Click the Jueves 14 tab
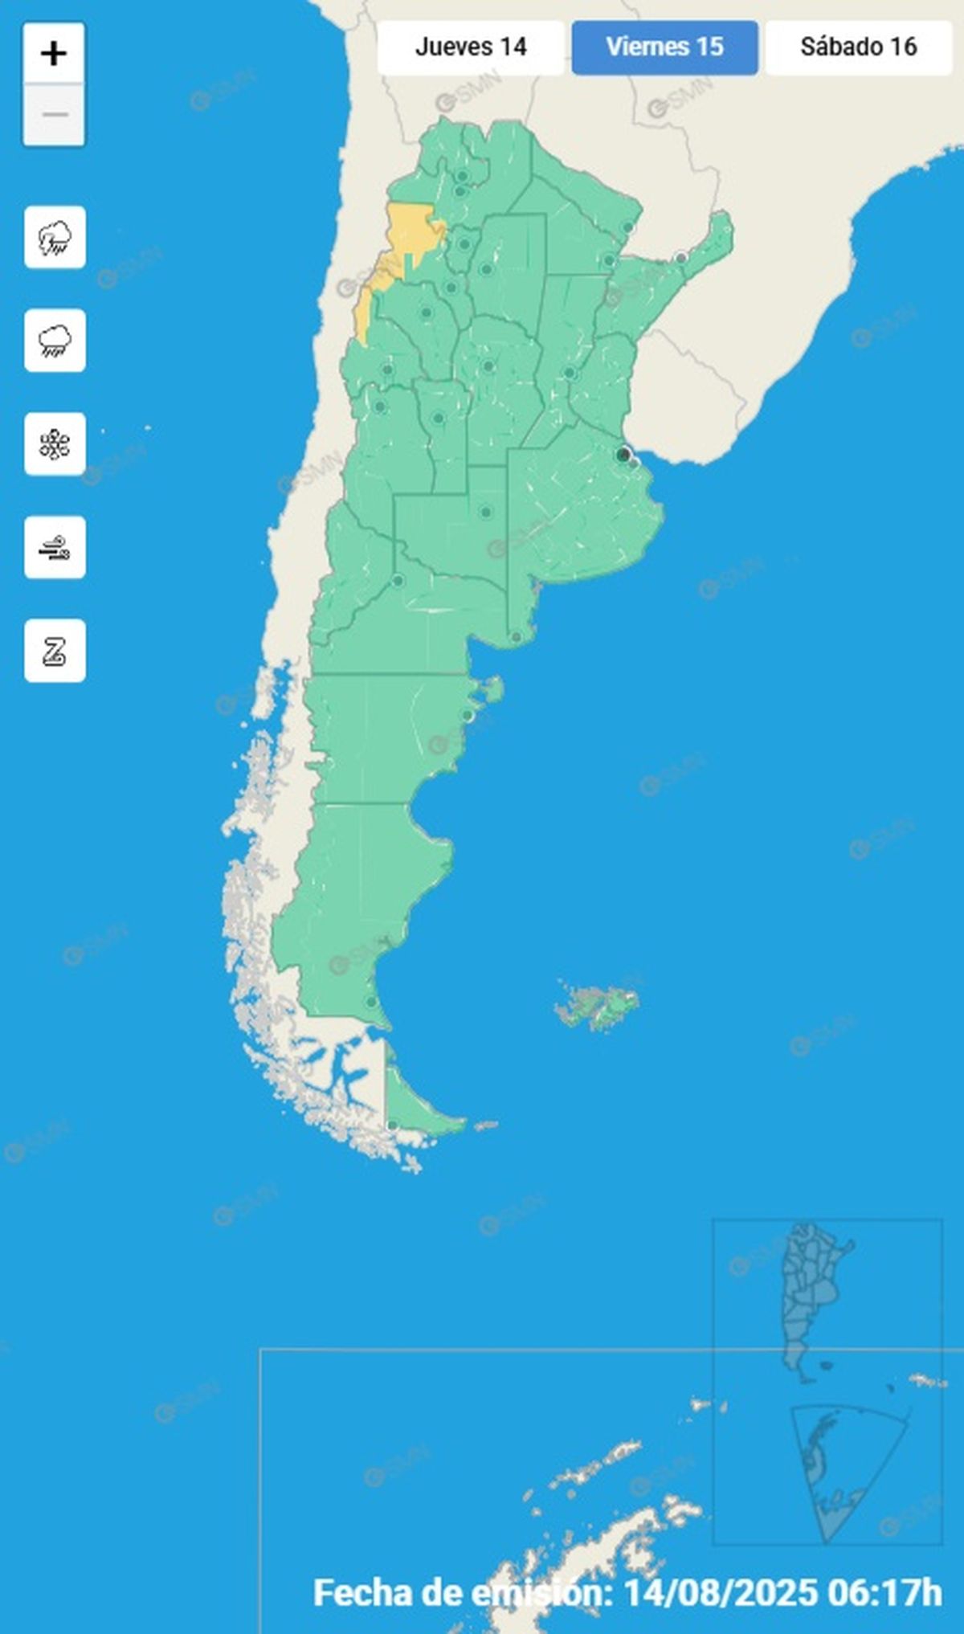coord(471,47)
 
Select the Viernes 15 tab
coord(664,47)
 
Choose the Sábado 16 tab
coord(858,47)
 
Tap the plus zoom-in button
coord(54,54)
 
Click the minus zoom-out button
coord(54,115)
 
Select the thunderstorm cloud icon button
coord(55,238)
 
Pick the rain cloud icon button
coord(55,341)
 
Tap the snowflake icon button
coord(55,444)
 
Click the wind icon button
coord(55,548)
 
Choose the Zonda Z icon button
coord(55,651)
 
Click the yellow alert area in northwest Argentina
coord(408,233)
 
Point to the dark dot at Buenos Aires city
coord(623,455)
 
